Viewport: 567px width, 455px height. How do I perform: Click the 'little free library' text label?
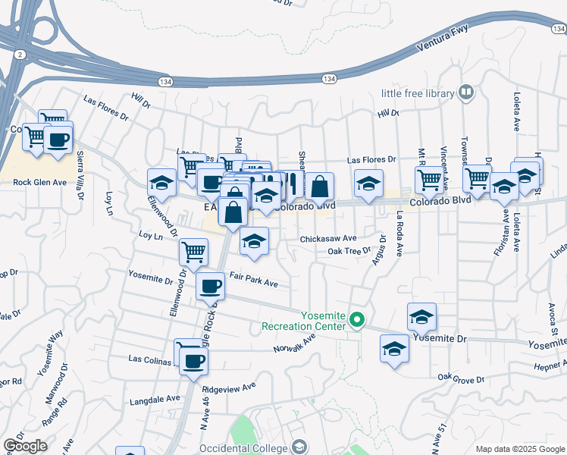(x=418, y=93)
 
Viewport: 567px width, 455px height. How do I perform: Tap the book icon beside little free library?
(x=466, y=93)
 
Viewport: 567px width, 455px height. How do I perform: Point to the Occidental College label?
(x=244, y=448)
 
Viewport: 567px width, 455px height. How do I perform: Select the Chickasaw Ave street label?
(x=327, y=238)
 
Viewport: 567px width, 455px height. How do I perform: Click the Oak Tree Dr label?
(x=349, y=251)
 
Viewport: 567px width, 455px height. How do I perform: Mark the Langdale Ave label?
(x=155, y=397)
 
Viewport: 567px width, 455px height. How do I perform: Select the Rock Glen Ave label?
(x=40, y=182)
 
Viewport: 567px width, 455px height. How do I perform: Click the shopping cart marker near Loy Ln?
(x=194, y=252)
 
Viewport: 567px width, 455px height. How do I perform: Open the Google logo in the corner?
(x=24, y=446)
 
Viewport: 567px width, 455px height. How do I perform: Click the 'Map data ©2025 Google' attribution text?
(x=519, y=449)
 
